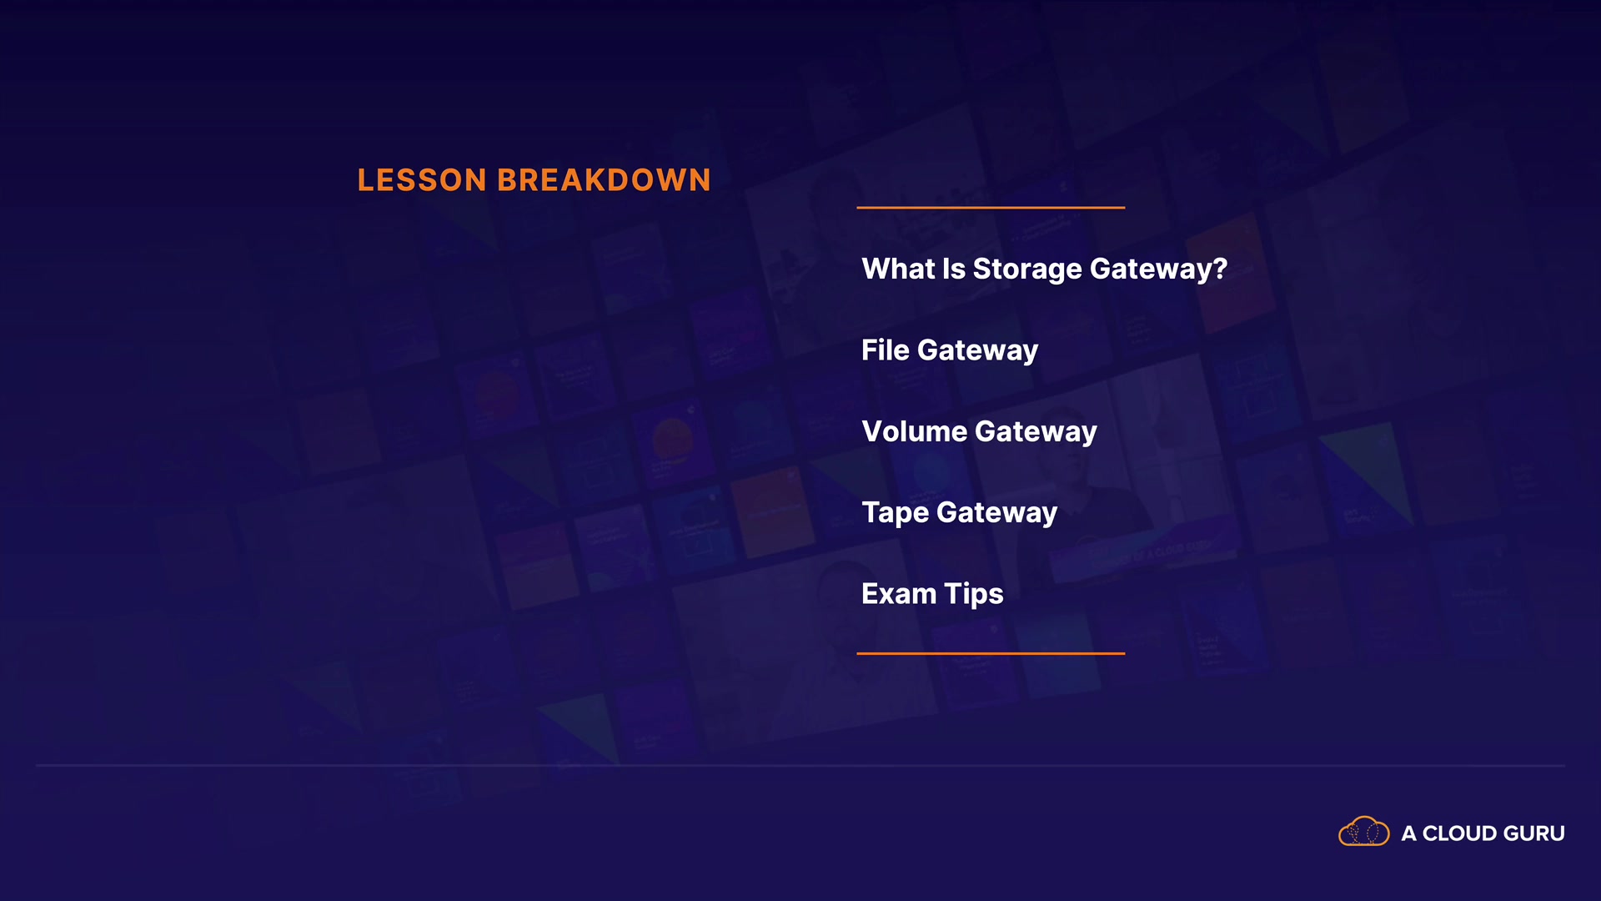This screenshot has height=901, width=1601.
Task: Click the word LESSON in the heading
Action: pos(422,180)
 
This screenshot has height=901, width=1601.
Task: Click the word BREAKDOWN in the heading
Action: pos(604,180)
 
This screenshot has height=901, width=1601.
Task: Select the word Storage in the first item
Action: pos(1027,269)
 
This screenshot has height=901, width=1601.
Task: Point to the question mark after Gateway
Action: pos(1220,268)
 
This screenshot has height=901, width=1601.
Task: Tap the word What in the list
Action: pos(898,268)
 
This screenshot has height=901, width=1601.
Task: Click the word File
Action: pos(886,350)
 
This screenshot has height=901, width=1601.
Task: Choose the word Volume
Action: pos(915,431)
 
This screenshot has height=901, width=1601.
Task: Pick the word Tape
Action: pos(896,513)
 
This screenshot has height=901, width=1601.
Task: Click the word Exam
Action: pos(899,594)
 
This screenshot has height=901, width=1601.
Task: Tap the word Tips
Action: pos(974,595)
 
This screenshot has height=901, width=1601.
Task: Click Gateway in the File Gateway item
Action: pos(978,351)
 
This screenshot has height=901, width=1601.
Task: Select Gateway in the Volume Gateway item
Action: pos(1036,433)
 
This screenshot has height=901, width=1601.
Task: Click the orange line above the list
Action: pos(991,207)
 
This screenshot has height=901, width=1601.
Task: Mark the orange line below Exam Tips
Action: pos(991,653)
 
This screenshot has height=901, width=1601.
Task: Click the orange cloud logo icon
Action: pos(1364,832)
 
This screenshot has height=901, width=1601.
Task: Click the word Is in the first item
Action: pos(954,268)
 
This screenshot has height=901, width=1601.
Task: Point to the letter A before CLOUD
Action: pos(1409,833)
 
